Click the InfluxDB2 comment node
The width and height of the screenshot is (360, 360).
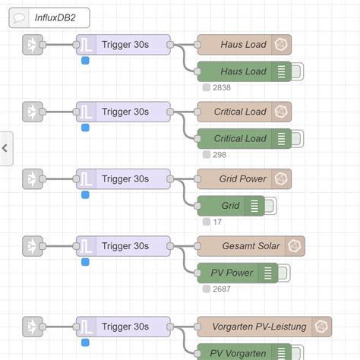[49, 17]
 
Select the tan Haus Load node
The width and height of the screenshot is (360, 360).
[244, 45]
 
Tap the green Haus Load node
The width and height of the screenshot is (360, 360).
[244, 72]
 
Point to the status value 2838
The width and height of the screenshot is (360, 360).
[222, 88]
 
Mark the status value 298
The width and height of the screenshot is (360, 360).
[219, 155]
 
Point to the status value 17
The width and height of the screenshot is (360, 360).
[217, 222]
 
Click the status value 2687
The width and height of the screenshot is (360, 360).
[222, 289]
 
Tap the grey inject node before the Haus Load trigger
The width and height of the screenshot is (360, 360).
[32, 45]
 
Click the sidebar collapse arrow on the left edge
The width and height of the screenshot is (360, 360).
[5, 148]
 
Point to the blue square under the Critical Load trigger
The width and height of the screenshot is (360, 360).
[85, 128]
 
